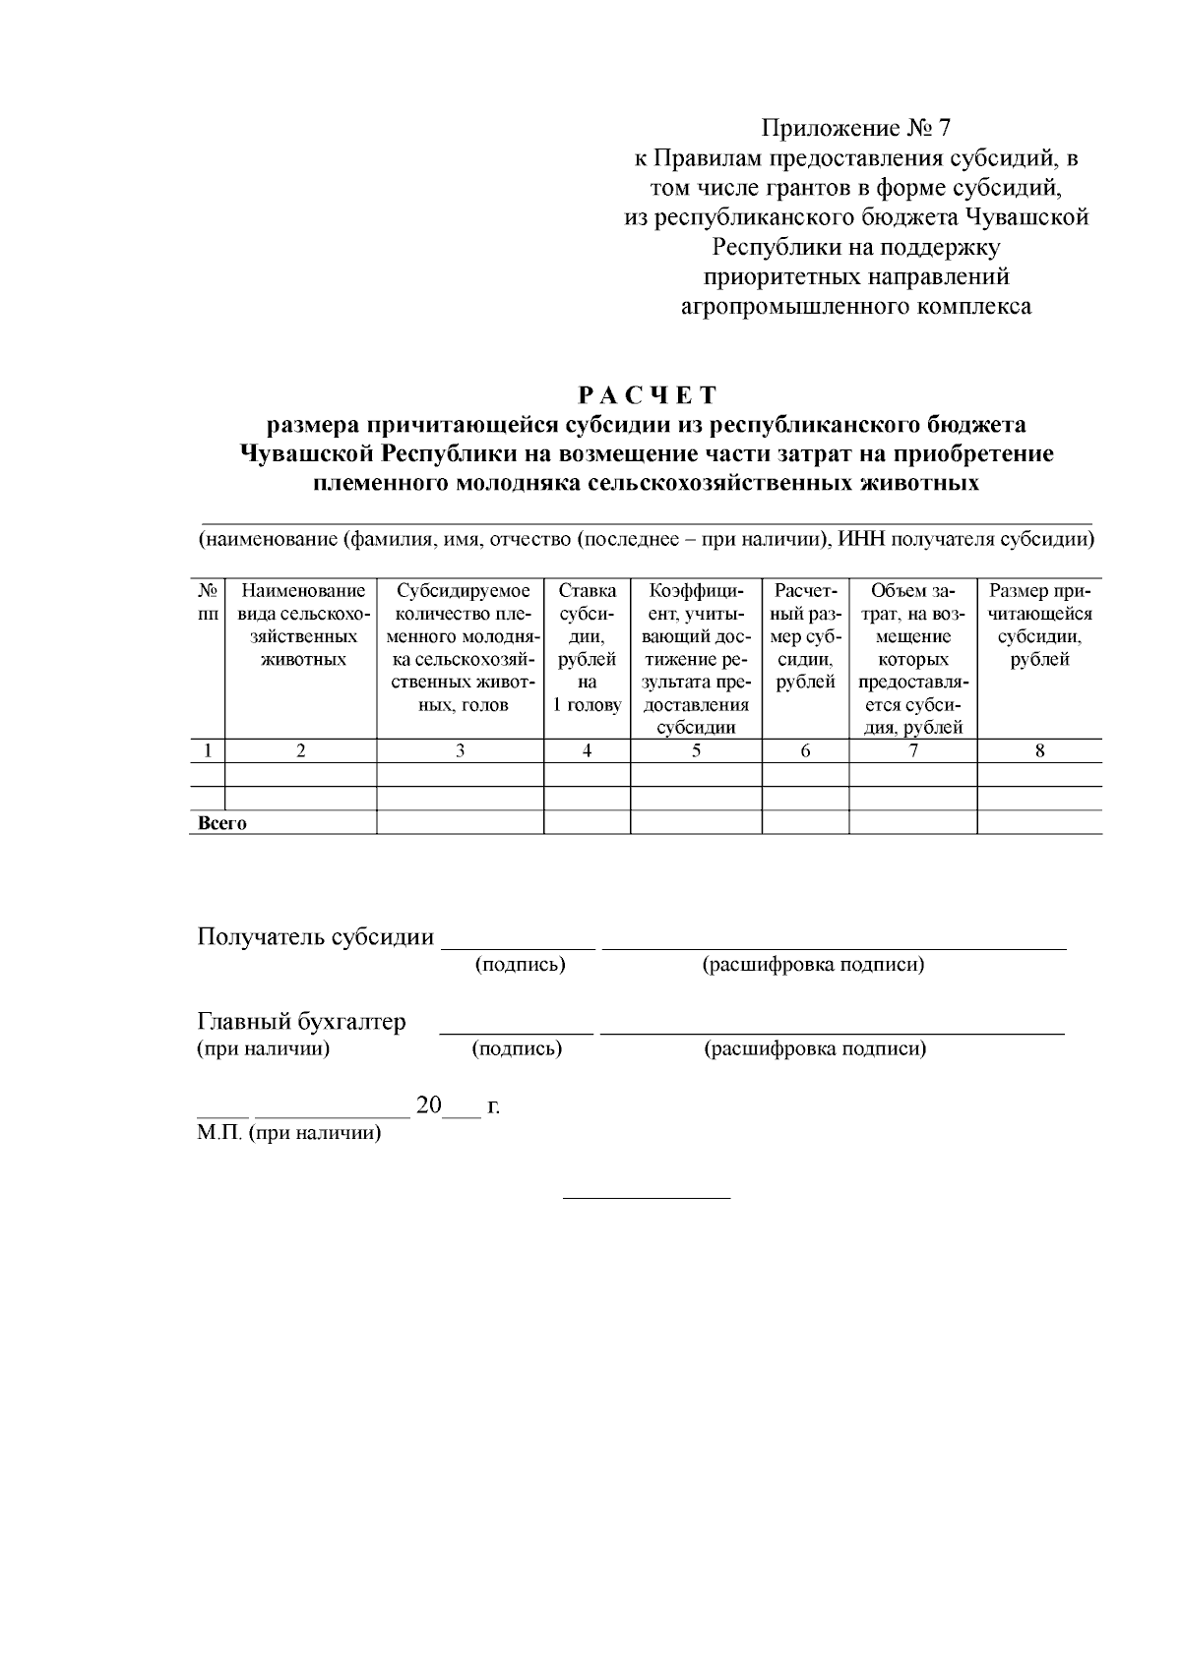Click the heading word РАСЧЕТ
[648, 395]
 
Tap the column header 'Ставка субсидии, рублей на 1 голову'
[587, 647]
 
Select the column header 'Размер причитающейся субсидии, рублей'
[1040, 625]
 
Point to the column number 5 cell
[696, 750]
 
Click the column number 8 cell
[1040, 750]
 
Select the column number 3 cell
[460, 750]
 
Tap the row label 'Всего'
[222, 823]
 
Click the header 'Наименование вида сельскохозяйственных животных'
[302, 625]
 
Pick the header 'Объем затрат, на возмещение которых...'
[912, 659]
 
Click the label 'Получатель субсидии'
[316, 936]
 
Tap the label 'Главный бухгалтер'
[301, 1022]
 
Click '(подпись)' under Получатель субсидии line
[520, 965]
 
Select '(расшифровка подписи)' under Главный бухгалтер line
[815, 1049]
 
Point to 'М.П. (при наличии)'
[288, 1133]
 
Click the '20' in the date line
[429, 1105]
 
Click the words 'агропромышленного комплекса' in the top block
[856, 307]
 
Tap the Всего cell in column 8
[1040, 822]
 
